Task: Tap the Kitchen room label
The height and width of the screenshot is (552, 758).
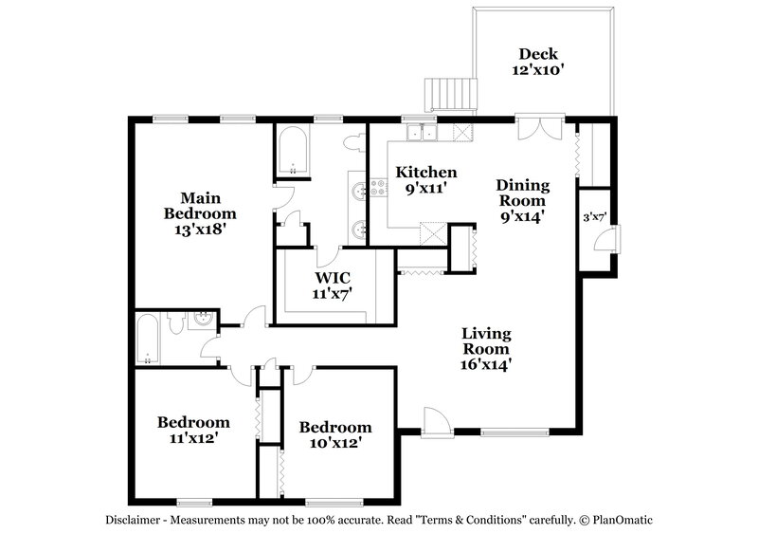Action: (x=426, y=180)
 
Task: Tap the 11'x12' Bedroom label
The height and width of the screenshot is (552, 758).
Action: (x=193, y=431)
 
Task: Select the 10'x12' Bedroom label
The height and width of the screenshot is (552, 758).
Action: (x=335, y=434)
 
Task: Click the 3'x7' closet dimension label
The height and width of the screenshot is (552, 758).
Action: (x=594, y=216)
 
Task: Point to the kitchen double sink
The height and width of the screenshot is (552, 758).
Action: (x=420, y=133)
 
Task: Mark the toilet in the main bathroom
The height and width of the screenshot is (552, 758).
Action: (x=353, y=142)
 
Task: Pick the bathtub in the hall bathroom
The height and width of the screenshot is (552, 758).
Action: (x=148, y=340)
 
